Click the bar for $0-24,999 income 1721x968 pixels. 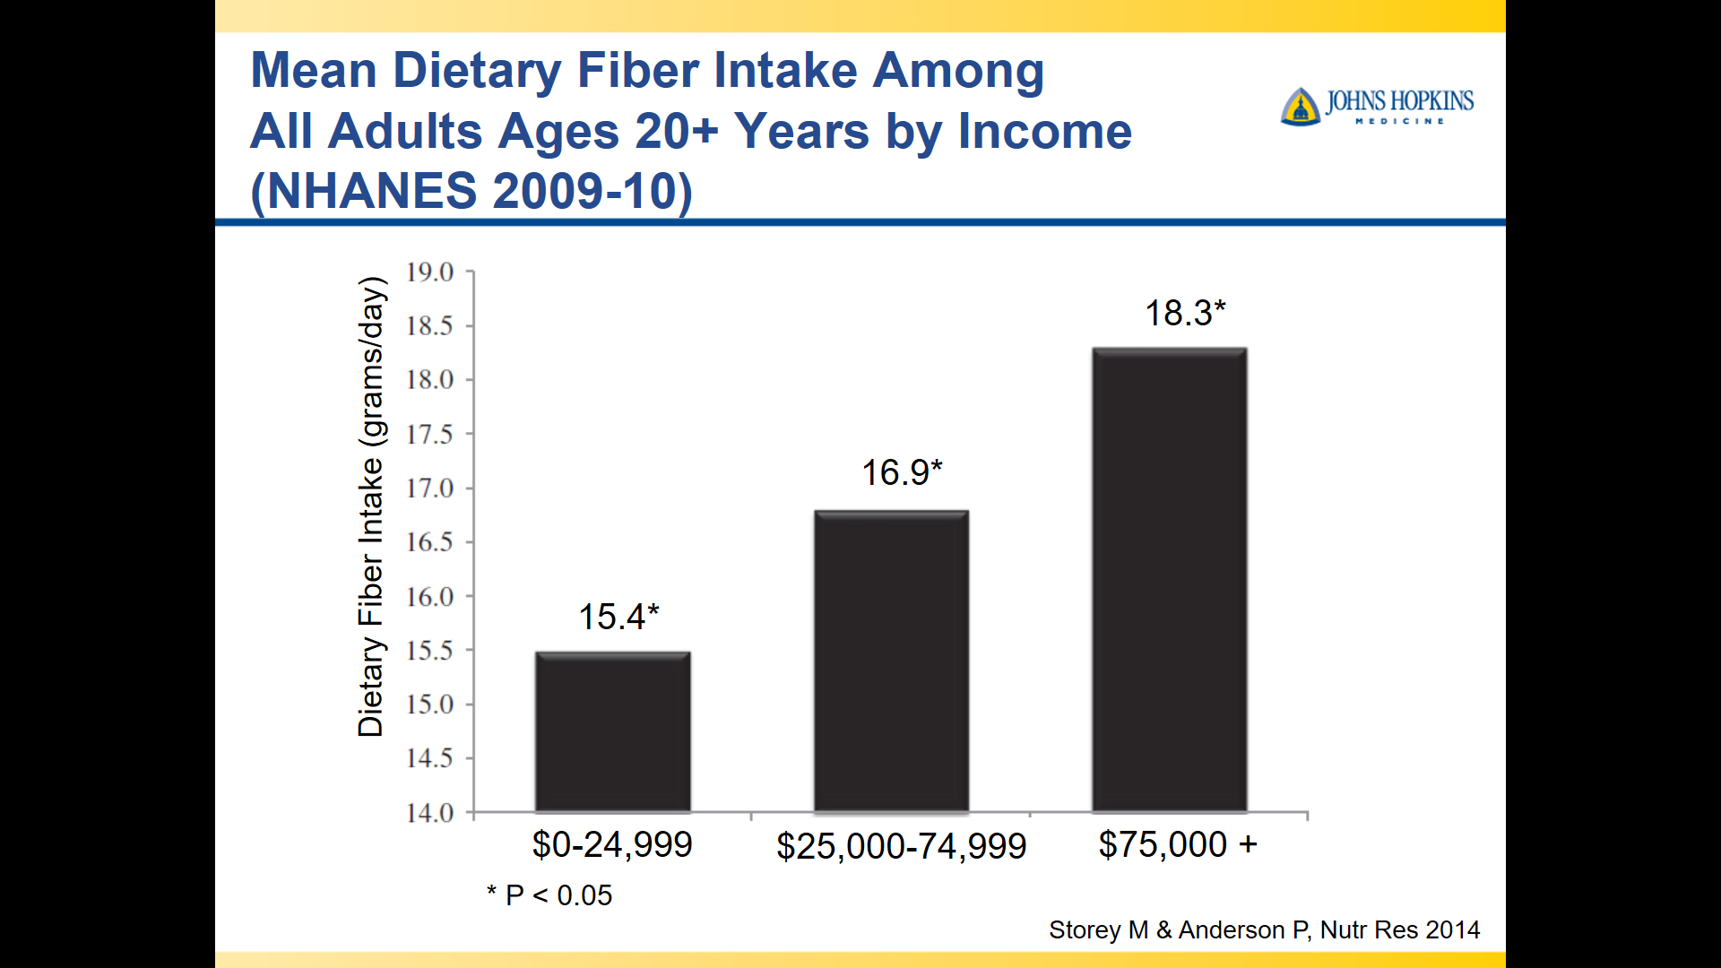(x=613, y=731)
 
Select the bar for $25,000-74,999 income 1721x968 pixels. (x=891, y=661)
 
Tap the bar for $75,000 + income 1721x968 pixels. (x=1170, y=580)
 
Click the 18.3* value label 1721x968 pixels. (x=1185, y=313)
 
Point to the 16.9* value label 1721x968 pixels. (x=902, y=472)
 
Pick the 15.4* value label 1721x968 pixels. (x=618, y=617)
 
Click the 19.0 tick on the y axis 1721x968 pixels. (x=429, y=272)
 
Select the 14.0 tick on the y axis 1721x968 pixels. (x=429, y=813)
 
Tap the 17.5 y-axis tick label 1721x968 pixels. (x=429, y=435)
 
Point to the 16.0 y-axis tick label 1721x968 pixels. (x=429, y=597)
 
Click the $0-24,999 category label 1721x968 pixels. (x=612, y=844)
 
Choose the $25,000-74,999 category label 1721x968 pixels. (x=901, y=846)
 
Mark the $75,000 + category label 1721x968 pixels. (x=1178, y=844)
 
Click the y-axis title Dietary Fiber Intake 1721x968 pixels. (x=371, y=506)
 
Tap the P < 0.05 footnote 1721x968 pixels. (x=549, y=895)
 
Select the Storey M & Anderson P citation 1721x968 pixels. (x=1265, y=930)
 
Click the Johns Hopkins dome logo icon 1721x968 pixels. (x=1301, y=107)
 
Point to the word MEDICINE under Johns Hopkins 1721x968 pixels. (x=1400, y=121)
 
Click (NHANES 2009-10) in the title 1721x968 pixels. (x=471, y=191)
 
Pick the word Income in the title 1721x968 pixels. (x=1045, y=131)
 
